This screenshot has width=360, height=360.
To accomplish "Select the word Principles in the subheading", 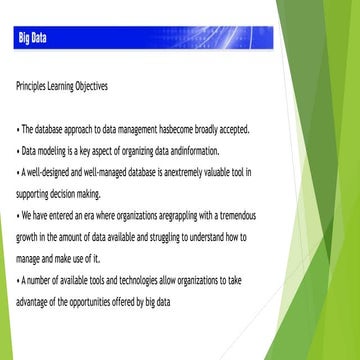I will click(x=30, y=86).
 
